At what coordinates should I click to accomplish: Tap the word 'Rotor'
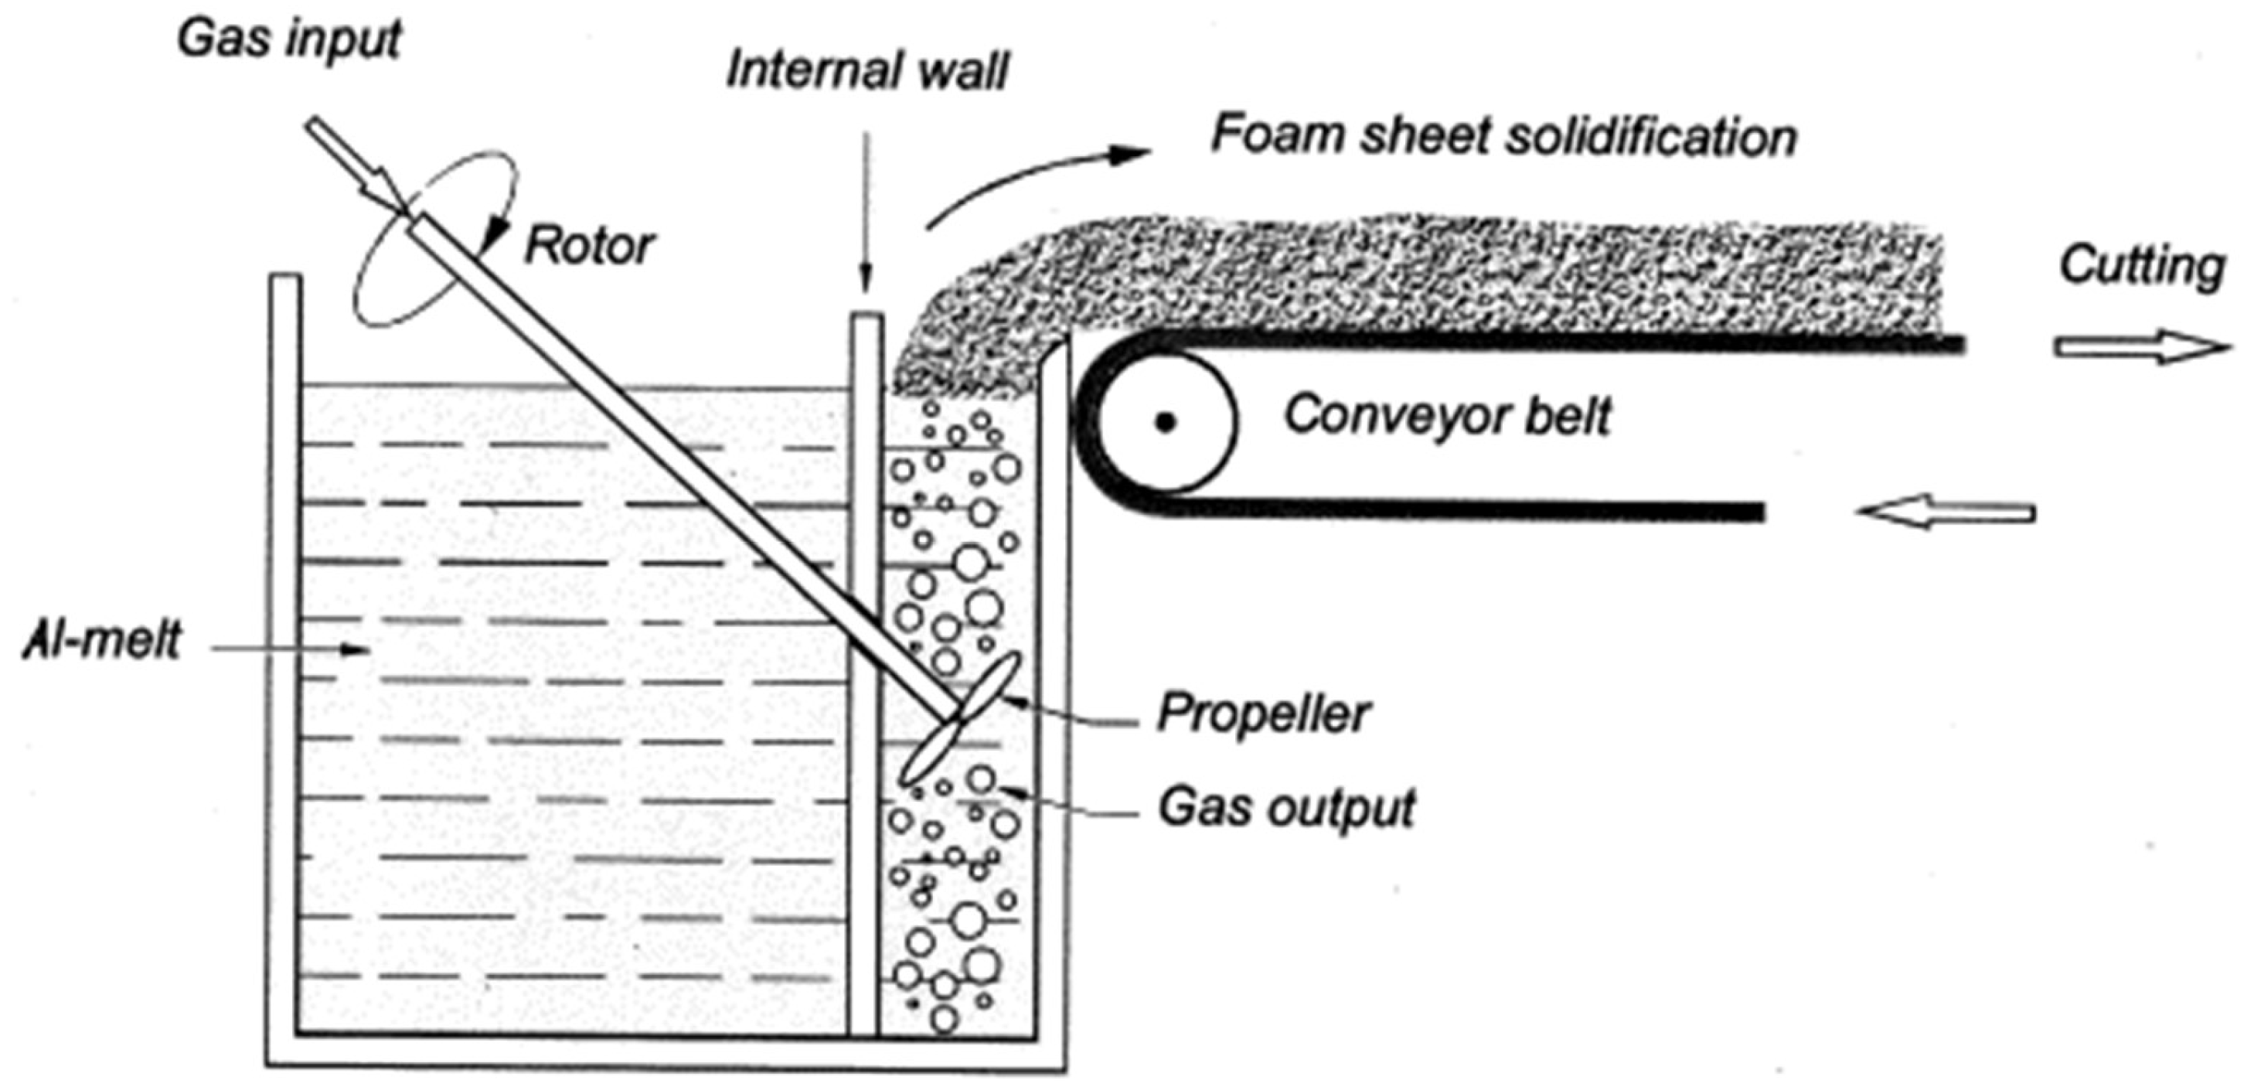pyautogui.click(x=588, y=246)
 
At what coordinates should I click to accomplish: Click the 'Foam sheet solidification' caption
pyautogui.click(x=1503, y=138)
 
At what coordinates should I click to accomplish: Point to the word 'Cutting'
pyautogui.click(x=2141, y=266)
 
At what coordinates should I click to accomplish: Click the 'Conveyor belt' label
pyautogui.click(x=1445, y=416)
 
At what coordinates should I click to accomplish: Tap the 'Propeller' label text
pyautogui.click(x=1262, y=714)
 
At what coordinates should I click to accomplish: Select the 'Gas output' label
pyautogui.click(x=1286, y=807)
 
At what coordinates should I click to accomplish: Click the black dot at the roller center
pyautogui.click(x=1165, y=424)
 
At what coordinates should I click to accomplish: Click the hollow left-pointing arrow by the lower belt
pyautogui.click(x=1945, y=512)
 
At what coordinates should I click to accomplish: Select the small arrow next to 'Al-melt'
pyautogui.click(x=289, y=649)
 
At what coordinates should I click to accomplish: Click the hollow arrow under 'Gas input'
pyautogui.click(x=353, y=165)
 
